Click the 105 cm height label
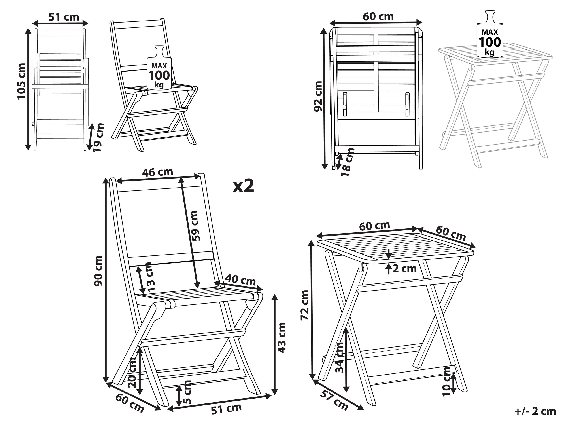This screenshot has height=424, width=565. (x=21, y=81)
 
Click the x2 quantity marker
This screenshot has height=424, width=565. (x=243, y=186)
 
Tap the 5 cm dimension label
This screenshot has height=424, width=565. (x=187, y=392)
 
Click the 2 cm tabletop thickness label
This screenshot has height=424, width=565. (x=404, y=269)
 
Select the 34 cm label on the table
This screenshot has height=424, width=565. (x=340, y=357)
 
